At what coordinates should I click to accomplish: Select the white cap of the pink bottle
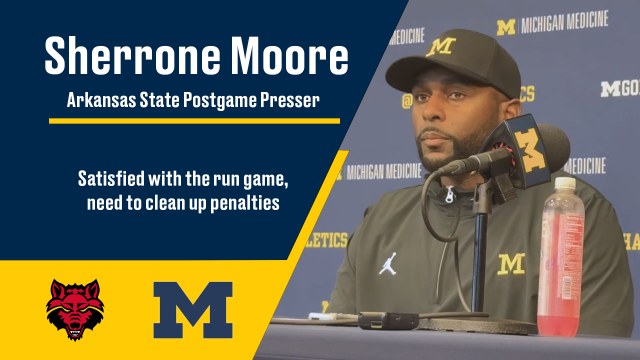(x=558, y=186)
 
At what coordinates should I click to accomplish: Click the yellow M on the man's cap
(x=440, y=47)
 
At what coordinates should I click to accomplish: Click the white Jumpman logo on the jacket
(x=388, y=263)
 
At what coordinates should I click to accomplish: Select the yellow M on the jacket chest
(x=512, y=264)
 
